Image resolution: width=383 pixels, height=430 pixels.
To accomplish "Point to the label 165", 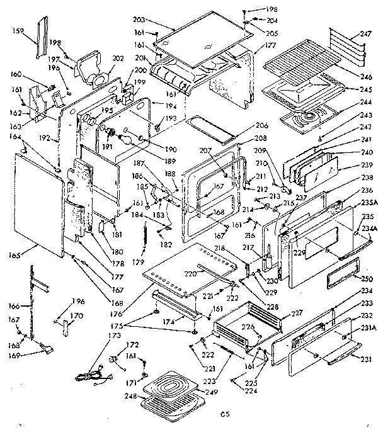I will tap(15, 255).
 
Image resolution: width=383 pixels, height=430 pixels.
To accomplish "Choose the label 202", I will tap(117, 59).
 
